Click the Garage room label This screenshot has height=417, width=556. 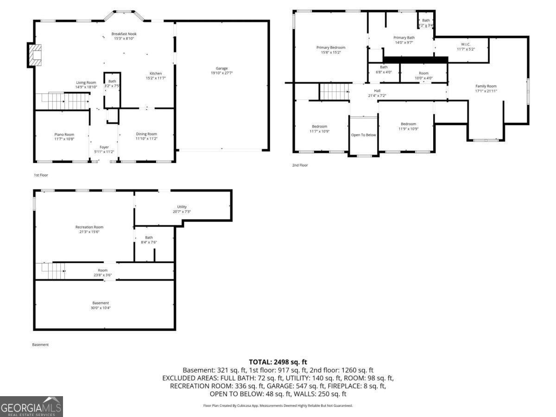click(222, 69)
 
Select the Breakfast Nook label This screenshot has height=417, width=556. click(124, 34)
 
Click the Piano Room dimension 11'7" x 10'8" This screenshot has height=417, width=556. click(64, 139)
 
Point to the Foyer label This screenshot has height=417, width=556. click(104, 147)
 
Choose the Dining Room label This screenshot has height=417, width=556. click(146, 134)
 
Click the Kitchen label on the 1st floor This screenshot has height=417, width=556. click(155, 74)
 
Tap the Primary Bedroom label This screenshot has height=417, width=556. click(331, 47)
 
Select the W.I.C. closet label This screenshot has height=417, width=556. click(466, 44)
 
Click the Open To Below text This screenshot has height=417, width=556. click(364, 135)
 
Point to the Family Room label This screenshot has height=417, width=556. click(486, 86)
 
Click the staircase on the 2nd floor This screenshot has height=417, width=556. click(334, 91)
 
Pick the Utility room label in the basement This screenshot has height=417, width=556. click(182, 207)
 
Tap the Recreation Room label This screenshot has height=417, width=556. click(89, 227)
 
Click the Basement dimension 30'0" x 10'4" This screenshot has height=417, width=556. click(101, 308)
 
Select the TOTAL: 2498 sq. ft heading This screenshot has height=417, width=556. click(278, 362)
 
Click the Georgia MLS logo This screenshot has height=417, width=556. click(31, 406)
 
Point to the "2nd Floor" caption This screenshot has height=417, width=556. click(300, 165)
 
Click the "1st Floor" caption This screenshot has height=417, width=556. click(41, 175)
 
